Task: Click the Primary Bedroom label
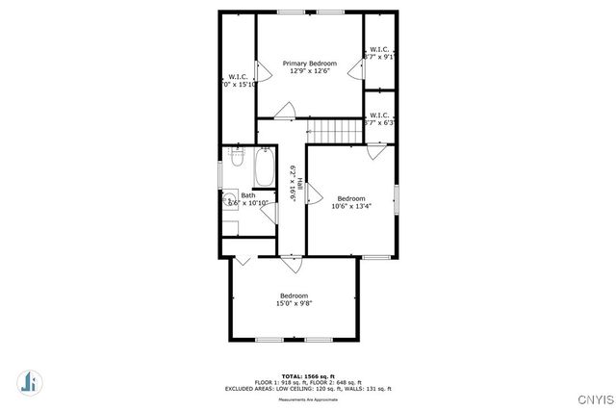pos(309,64)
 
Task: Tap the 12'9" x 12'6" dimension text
pos(309,73)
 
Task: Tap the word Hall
pos(301,185)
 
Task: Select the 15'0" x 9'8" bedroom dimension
pos(294,303)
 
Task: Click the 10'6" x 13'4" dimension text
pos(351,206)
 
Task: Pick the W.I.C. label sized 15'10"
pos(238,77)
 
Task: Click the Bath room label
pos(248,195)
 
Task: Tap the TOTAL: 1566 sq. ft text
pos(308,375)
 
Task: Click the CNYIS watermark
pos(593,398)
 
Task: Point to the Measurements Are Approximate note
pos(308,398)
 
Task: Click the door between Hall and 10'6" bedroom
pos(312,194)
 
